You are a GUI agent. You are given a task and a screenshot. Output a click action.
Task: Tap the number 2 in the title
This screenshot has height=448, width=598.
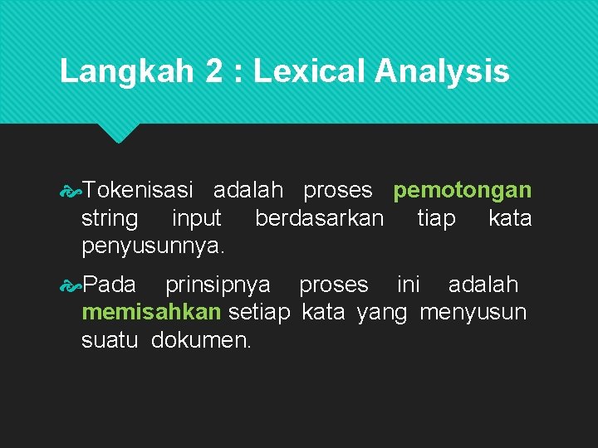tap(215, 71)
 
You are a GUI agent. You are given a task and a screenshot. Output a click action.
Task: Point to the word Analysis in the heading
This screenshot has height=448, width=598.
tap(442, 71)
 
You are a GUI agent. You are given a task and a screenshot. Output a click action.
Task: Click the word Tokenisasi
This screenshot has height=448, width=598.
tap(138, 190)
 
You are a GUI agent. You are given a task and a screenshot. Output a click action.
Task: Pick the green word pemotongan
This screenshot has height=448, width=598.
tap(463, 191)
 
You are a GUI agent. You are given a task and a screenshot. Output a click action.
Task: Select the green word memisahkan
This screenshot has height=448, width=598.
tap(151, 312)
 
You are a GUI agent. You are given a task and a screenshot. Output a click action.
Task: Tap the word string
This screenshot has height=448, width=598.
tap(110, 219)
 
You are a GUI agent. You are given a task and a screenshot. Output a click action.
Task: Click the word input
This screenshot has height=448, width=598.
tap(196, 219)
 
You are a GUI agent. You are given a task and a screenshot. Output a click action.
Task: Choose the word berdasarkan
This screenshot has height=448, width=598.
tap(320, 219)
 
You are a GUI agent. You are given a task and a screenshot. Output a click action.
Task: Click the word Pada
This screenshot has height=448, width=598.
tap(110, 285)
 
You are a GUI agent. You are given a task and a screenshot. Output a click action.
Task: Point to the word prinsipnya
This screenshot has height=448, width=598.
tap(218, 285)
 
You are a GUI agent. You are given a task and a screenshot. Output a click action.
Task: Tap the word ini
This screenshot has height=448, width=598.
tap(408, 285)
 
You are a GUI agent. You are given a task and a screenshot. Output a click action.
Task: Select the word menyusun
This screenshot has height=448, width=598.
tap(473, 312)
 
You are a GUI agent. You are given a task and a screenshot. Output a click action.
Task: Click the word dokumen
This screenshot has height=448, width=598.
tap(201, 340)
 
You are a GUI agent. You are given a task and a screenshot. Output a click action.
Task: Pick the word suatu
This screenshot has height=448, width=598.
tap(110, 340)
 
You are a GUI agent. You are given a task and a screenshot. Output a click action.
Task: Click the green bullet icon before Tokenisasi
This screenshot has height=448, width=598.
tap(71, 191)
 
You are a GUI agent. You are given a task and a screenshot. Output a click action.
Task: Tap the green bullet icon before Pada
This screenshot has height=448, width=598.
tap(71, 285)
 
